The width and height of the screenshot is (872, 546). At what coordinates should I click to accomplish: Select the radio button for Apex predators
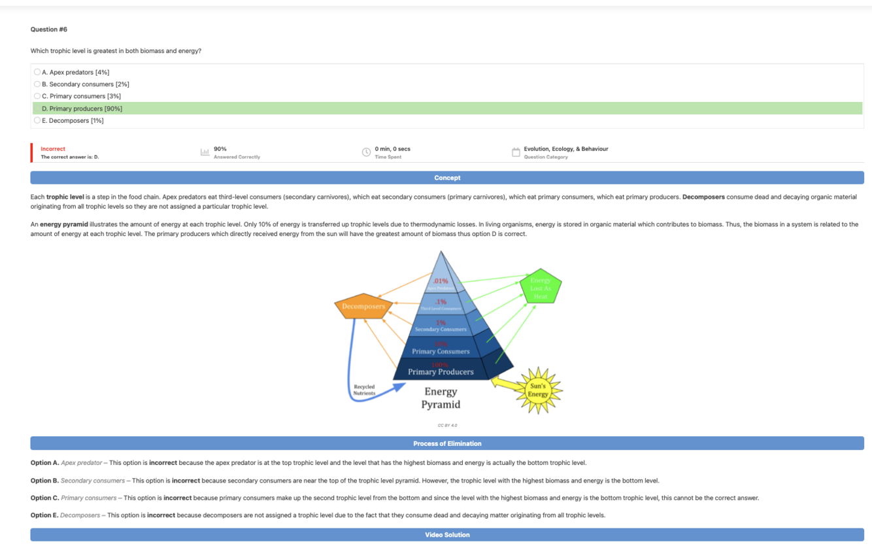[37, 72]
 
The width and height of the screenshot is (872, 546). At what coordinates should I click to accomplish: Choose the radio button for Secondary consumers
[37, 84]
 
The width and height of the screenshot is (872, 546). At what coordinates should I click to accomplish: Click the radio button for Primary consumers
[37, 96]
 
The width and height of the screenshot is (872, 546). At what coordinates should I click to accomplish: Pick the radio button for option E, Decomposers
[37, 120]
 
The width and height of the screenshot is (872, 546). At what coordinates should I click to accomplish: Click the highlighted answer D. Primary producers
[82, 109]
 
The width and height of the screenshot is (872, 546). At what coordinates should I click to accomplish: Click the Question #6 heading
[49, 29]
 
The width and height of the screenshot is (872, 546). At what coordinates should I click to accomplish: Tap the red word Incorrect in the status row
[53, 149]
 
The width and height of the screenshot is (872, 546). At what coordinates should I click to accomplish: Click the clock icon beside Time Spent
[366, 152]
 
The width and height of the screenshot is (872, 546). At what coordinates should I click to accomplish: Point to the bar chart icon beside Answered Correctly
[205, 152]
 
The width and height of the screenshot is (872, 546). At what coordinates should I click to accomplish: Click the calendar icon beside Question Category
[516, 152]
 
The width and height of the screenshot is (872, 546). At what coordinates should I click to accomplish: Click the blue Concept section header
[447, 178]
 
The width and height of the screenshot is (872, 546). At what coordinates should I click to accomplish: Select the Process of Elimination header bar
[447, 443]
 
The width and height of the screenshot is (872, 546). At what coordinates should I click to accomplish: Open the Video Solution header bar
[447, 535]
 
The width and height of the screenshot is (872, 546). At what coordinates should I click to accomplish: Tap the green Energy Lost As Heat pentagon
[541, 287]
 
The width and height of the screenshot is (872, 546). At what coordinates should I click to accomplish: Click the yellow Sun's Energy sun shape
[538, 390]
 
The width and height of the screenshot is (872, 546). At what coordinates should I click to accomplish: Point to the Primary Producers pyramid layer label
[441, 372]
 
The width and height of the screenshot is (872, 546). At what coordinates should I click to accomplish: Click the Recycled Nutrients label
[364, 390]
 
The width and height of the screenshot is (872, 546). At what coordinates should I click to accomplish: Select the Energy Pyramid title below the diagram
[441, 398]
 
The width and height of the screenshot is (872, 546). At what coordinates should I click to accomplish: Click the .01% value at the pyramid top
[441, 281]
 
